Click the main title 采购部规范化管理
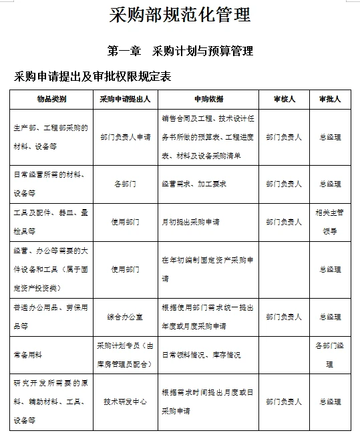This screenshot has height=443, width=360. [180, 15]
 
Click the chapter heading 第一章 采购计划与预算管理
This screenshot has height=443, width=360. [180, 51]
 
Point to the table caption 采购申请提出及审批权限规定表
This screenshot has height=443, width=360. [93, 77]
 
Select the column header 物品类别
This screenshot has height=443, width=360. [51, 99]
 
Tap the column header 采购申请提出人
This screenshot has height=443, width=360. [125, 99]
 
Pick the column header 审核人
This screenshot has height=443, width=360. [283, 99]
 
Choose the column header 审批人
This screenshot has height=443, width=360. [330, 99]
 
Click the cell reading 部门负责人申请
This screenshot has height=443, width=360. [125, 137]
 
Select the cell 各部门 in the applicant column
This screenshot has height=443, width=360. [125, 184]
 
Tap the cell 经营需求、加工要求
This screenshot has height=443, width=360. [194, 184]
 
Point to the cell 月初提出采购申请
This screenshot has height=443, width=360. [190, 222]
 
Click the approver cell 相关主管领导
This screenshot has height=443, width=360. [330, 222]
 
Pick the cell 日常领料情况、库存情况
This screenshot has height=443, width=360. [201, 355]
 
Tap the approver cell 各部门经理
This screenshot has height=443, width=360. [330, 355]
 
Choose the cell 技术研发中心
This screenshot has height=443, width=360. [125, 402]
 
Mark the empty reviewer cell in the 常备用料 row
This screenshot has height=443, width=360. [283, 355]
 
